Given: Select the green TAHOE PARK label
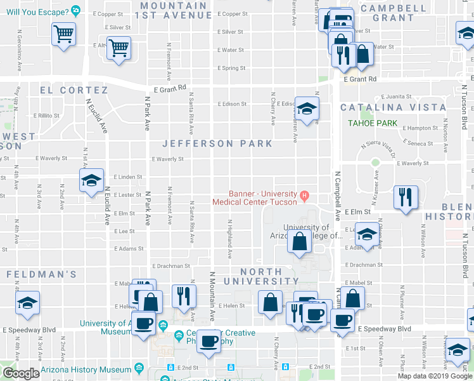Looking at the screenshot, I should pos(372,123).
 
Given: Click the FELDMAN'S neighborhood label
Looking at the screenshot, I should pos(41,274).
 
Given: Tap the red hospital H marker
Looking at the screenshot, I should pos(304,195).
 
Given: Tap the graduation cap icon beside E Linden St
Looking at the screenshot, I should pos(91,180).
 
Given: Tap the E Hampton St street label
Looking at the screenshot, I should pos(420,128).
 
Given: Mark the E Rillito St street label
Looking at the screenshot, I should pos(48,116).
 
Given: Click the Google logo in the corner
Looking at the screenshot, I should pos(21,373).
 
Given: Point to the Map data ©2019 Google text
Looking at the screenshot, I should pos(434,376).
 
